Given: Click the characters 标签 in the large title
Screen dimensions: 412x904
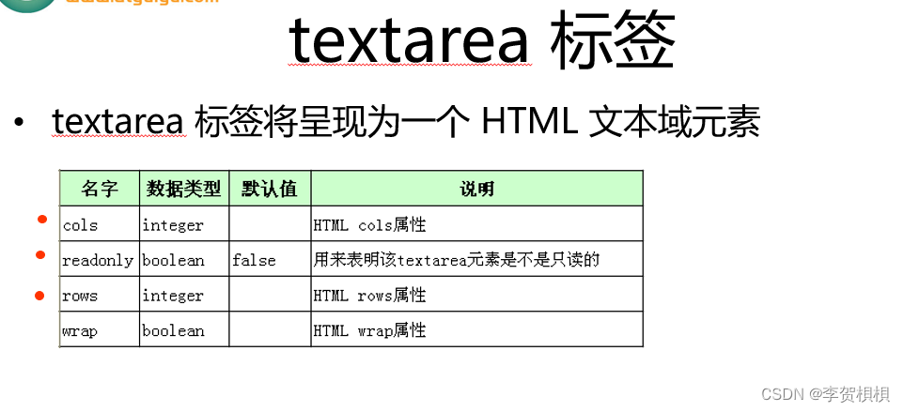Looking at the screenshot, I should [x=616, y=40].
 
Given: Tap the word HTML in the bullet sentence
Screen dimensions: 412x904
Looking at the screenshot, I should [x=528, y=123].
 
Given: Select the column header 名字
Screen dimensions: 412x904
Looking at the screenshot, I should [x=100, y=189].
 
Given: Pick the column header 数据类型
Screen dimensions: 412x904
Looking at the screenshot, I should [x=183, y=189].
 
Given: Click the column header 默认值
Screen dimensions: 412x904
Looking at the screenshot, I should [x=269, y=189].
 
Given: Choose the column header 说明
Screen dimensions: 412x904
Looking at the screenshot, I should [x=476, y=189].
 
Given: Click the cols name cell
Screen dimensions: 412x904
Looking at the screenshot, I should [x=80, y=225].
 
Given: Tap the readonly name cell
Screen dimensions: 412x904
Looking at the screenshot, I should [x=98, y=260].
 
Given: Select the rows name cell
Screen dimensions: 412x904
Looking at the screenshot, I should [x=80, y=296].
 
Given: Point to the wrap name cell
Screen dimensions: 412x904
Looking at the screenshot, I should [x=80, y=330].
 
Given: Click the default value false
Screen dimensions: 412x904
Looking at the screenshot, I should [x=254, y=260].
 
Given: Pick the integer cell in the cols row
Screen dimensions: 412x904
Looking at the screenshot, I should [x=173, y=225].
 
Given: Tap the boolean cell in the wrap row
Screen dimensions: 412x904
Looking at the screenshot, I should [x=173, y=330].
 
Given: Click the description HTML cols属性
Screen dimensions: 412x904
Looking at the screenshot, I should [x=369, y=225].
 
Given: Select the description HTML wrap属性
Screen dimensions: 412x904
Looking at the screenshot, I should [x=369, y=330].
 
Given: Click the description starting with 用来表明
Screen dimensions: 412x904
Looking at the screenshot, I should [x=456, y=260].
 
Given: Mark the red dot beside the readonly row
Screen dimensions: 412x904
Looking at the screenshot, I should [x=40, y=254].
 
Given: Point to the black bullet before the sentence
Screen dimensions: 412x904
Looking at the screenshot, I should [x=19, y=124].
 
